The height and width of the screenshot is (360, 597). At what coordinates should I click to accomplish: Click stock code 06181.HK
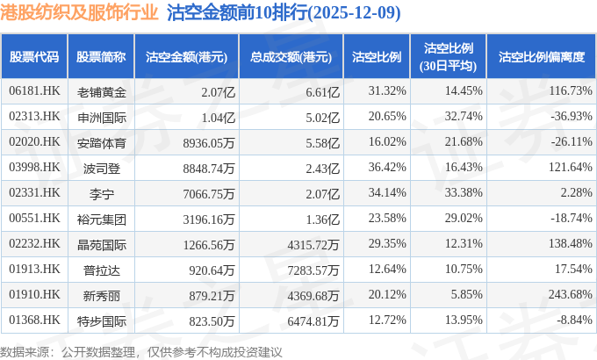[x=34, y=91]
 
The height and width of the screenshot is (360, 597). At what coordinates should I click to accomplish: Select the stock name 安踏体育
[x=101, y=141]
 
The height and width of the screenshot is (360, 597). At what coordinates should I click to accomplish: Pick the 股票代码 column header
[x=34, y=57]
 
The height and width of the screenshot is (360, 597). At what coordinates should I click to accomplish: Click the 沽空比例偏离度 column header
[x=541, y=57]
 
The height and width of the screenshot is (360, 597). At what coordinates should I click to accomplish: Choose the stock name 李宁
[x=101, y=192]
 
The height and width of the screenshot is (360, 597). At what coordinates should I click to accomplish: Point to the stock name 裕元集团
[x=101, y=218]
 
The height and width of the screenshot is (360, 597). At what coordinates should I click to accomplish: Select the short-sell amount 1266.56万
[x=205, y=243]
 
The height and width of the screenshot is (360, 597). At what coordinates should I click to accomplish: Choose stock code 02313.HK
[x=34, y=116]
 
